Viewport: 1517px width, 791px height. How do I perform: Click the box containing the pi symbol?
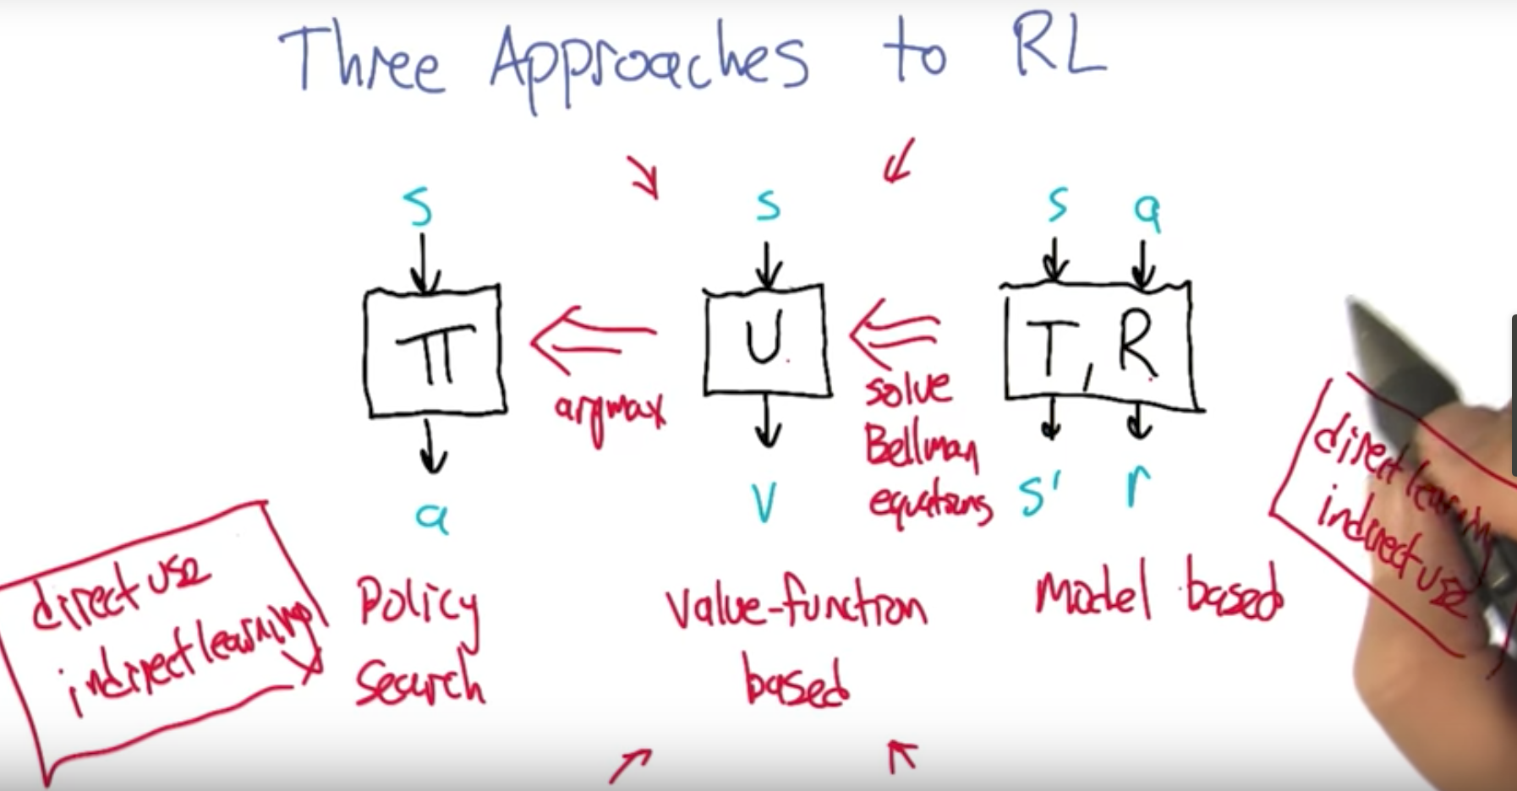pos(435,352)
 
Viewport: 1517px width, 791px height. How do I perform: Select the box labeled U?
pos(766,342)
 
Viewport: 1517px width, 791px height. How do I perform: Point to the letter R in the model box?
pos(1136,342)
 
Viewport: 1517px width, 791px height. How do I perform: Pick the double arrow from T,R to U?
pos(895,331)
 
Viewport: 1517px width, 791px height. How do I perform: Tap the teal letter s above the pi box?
pos(418,206)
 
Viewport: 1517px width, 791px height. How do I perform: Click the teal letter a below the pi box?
pos(432,516)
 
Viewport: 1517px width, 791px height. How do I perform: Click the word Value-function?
pos(795,605)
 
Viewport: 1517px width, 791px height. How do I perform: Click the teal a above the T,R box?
pos(1147,211)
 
